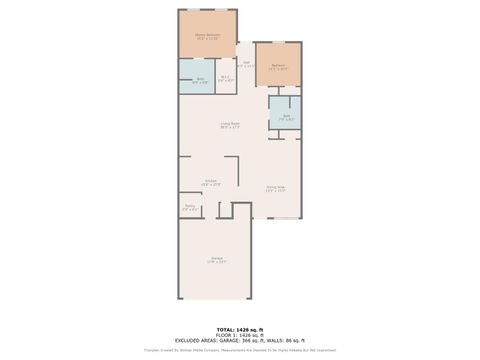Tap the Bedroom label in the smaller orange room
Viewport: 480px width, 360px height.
click(x=279, y=67)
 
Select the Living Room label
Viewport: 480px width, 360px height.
click(x=230, y=124)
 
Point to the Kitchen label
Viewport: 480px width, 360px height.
click(x=211, y=182)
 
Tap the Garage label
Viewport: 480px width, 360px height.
click(x=217, y=259)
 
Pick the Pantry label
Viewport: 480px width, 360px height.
click(x=189, y=207)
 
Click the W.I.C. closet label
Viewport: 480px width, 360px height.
click(x=226, y=77)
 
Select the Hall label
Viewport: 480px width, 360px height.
click(x=245, y=63)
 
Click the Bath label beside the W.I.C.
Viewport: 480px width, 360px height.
click(x=200, y=79)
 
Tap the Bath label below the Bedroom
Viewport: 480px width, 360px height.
click(x=285, y=115)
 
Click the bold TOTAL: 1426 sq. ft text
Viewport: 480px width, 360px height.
click(x=239, y=328)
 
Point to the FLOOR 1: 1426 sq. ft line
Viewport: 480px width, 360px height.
click(x=239, y=334)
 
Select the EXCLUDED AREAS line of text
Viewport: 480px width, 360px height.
click(x=239, y=340)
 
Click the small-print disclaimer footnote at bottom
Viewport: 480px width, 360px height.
click(x=239, y=350)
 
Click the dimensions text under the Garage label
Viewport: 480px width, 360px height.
click(x=217, y=263)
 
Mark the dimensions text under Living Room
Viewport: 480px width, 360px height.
click(x=230, y=127)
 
